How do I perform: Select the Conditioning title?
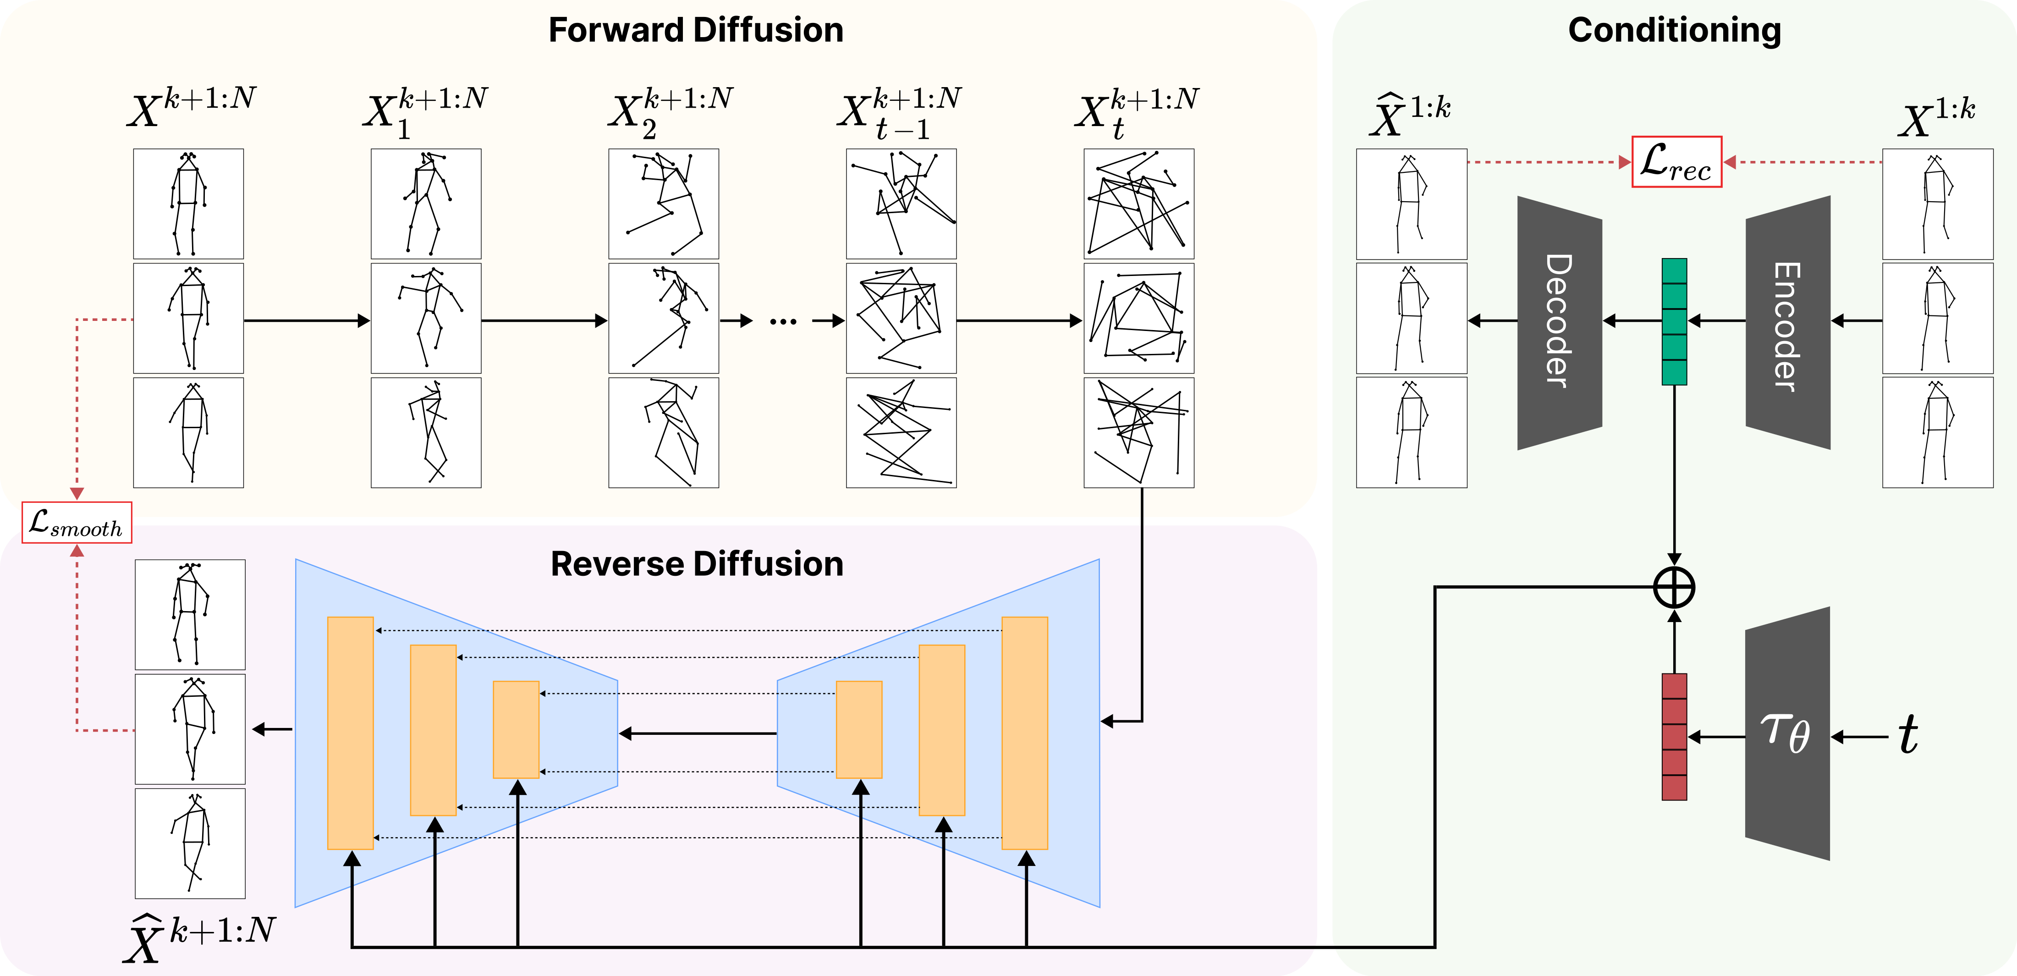point(1674,31)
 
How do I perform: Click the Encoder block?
point(1787,322)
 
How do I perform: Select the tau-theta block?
point(1787,734)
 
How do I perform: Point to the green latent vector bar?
point(1674,321)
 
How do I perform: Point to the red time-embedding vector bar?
point(1674,736)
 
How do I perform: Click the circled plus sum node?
point(1674,588)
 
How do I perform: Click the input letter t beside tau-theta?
point(1908,735)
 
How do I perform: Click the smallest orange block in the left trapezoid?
point(516,729)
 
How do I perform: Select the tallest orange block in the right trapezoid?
point(1024,733)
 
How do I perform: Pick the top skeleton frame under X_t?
point(1138,204)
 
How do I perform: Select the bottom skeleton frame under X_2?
point(663,432)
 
